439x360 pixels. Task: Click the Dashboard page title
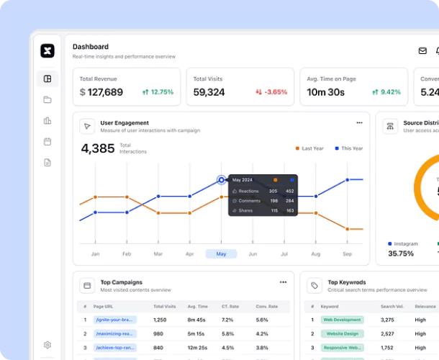tap(91, 47)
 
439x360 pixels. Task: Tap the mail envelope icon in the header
tap(422, 51)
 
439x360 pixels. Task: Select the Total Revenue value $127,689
tap(101, 92)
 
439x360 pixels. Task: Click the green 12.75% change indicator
tap(158, 92)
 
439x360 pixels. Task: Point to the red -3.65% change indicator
tap(271, 92)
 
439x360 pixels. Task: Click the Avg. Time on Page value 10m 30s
tap(325, 92)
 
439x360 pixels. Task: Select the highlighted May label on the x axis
tap(221, 254)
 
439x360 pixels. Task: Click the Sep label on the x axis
tap(347, 254)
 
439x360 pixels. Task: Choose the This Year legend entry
tap(350, 148)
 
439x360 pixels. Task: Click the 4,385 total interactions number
tap(98, 149)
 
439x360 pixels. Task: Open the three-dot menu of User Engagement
tap(359, 123)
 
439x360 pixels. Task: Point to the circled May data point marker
tap(221, 180)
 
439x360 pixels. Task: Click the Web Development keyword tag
tap(342, 320)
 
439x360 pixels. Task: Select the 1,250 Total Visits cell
tap(160, 320)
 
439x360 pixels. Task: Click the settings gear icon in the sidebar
tap(47, 346)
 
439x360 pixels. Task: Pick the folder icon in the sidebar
tap(47, 100)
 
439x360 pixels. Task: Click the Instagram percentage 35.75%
tap(401, 253)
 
